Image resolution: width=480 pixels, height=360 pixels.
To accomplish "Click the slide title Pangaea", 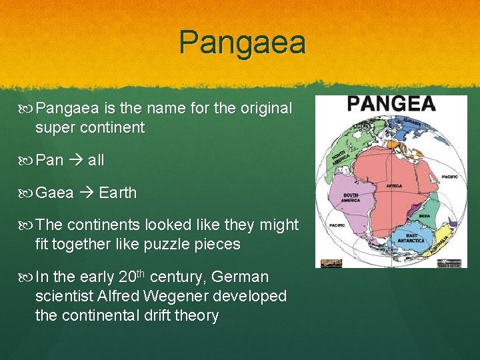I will (x=242, y=43).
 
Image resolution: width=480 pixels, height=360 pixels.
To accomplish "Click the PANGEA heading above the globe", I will (x=391, y=105).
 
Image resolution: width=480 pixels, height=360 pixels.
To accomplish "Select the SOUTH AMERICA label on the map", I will (x=351, y=198).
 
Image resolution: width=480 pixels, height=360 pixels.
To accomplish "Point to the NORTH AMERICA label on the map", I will (x=339, y=154).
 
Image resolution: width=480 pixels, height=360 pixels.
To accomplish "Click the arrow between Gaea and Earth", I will (x=86, y=193).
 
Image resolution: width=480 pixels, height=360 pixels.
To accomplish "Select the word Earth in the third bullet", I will (x=117, y=193).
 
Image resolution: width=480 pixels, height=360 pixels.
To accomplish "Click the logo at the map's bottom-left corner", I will (x=328, y=263).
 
